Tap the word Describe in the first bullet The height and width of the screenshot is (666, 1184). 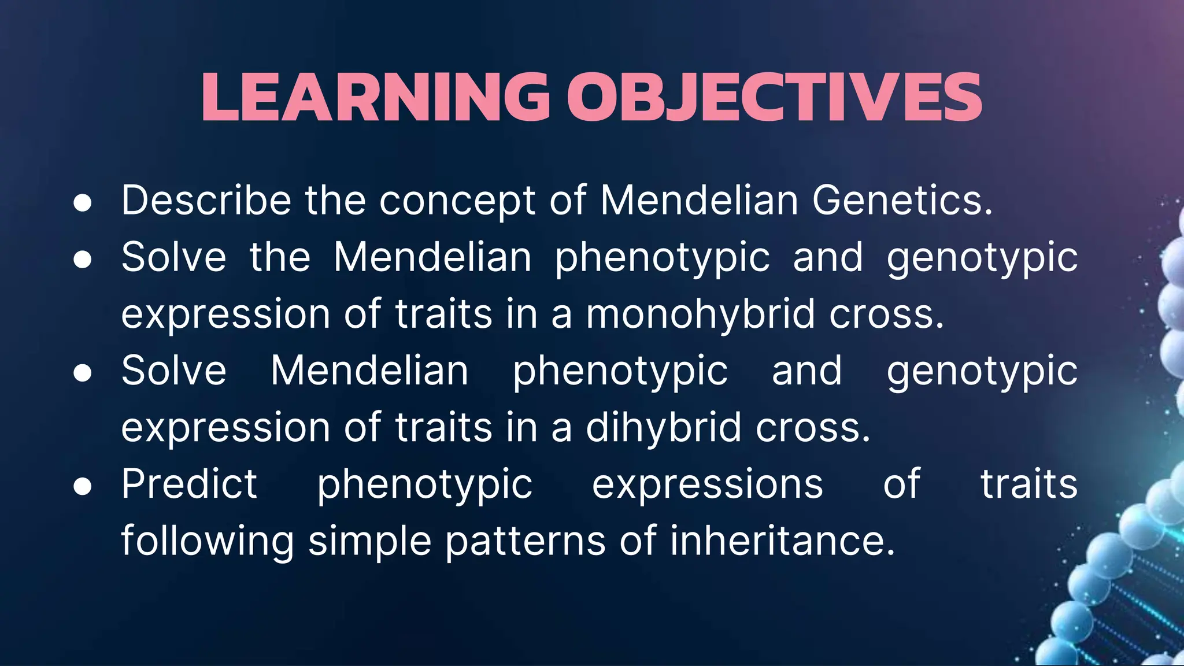[206, 201]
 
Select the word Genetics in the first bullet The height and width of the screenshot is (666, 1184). [902, 201]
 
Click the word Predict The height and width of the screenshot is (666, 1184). [189, 484]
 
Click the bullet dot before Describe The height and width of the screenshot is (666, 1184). [83, 203]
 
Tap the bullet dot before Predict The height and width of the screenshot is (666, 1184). [83, 487]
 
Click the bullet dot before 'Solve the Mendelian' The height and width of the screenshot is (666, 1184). [83, 260]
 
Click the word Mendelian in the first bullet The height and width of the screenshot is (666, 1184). [700, 201]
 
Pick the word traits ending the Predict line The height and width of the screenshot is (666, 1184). [1029, 484]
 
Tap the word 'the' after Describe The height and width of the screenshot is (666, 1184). [335, 201]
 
